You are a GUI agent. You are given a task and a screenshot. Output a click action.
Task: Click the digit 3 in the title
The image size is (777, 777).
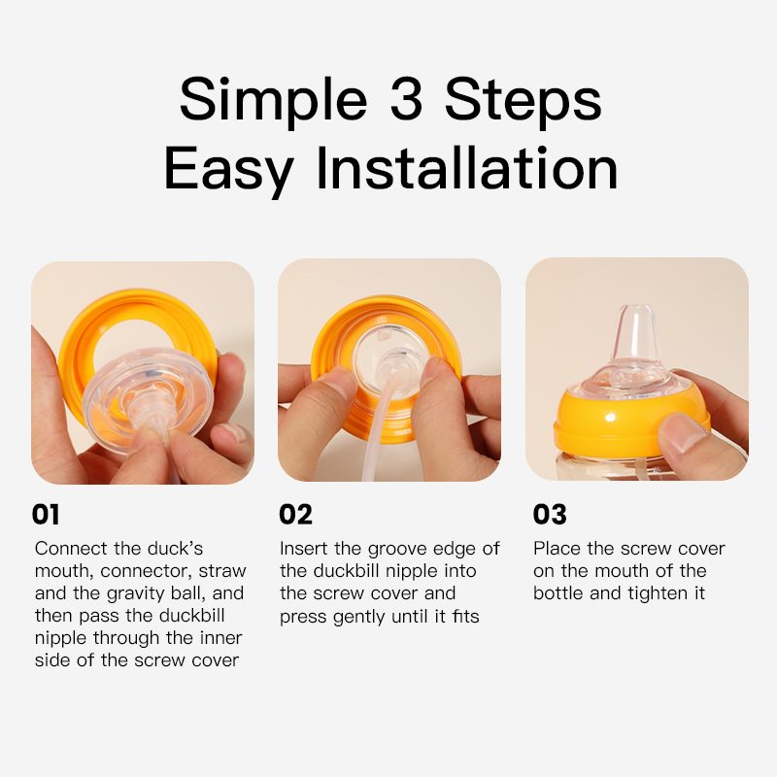[x=406, y=99]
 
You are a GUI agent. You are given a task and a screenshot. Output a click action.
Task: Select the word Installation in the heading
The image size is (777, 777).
[x=467, y=168]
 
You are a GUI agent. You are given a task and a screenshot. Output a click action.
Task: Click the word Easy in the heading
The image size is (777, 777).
[x=228, y=172]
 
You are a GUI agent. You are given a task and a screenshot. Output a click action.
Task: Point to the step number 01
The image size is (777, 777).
[x=46, y=514]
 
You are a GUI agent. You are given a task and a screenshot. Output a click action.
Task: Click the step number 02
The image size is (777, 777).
[x=295, y=514]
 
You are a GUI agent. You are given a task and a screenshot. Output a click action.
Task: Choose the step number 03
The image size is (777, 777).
[x=550, y=514]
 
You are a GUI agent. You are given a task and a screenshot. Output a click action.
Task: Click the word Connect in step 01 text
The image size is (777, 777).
[x=71, y=549]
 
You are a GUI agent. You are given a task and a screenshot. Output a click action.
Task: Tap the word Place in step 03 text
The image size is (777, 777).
[x=557, y=549]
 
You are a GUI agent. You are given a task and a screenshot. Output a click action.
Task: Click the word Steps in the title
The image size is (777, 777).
[x=523, y=103]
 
